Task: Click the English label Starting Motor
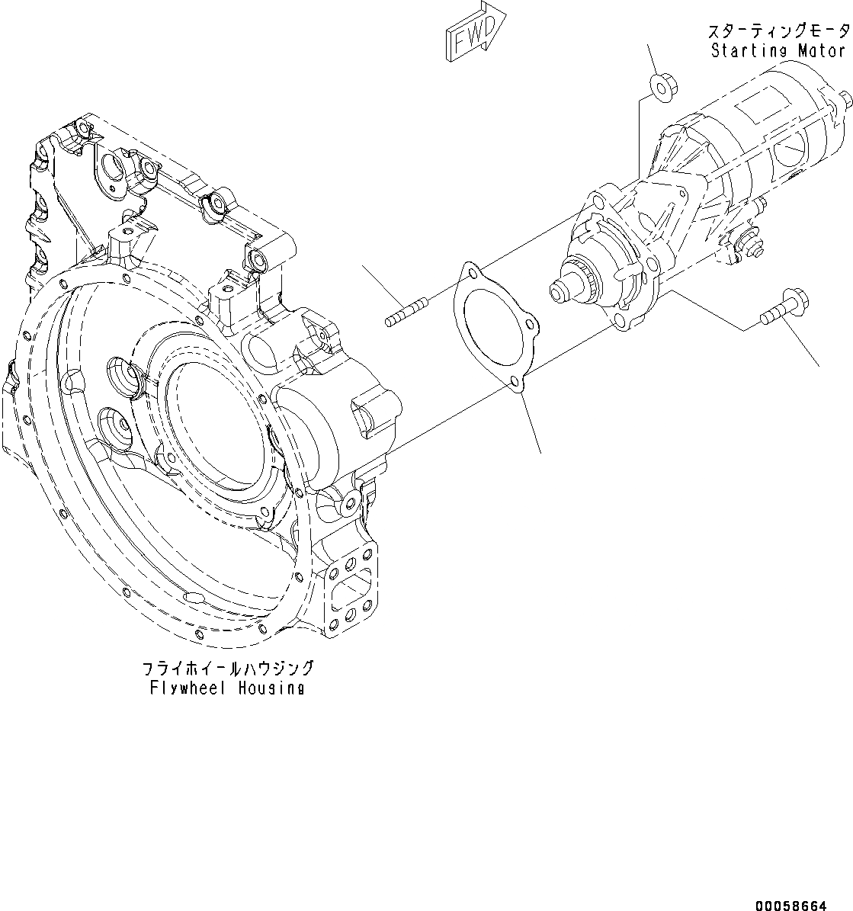click(778, 51)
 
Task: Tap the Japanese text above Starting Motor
click(778, 31)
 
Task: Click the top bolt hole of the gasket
click(473, 270)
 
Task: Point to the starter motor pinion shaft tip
click(559, 290)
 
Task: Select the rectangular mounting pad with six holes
click(351, 592)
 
